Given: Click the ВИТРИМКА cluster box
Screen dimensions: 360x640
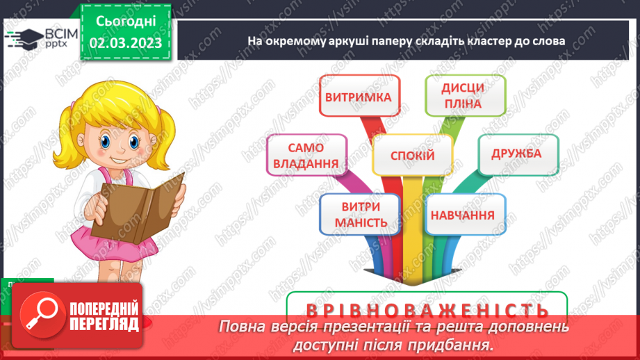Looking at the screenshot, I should [357, 97].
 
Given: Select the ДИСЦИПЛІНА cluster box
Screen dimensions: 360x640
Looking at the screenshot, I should [465, 97].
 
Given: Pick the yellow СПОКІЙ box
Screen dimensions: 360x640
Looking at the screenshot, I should [412, 156].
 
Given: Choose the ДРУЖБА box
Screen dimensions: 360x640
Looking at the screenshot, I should [516, 154].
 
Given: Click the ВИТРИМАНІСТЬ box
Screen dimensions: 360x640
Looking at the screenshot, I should [359, 215].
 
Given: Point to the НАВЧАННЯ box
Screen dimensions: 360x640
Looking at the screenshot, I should [462, 215].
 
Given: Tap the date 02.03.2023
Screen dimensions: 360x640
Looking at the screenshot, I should [125, 43].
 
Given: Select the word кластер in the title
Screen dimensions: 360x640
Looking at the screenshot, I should [492, 41].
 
